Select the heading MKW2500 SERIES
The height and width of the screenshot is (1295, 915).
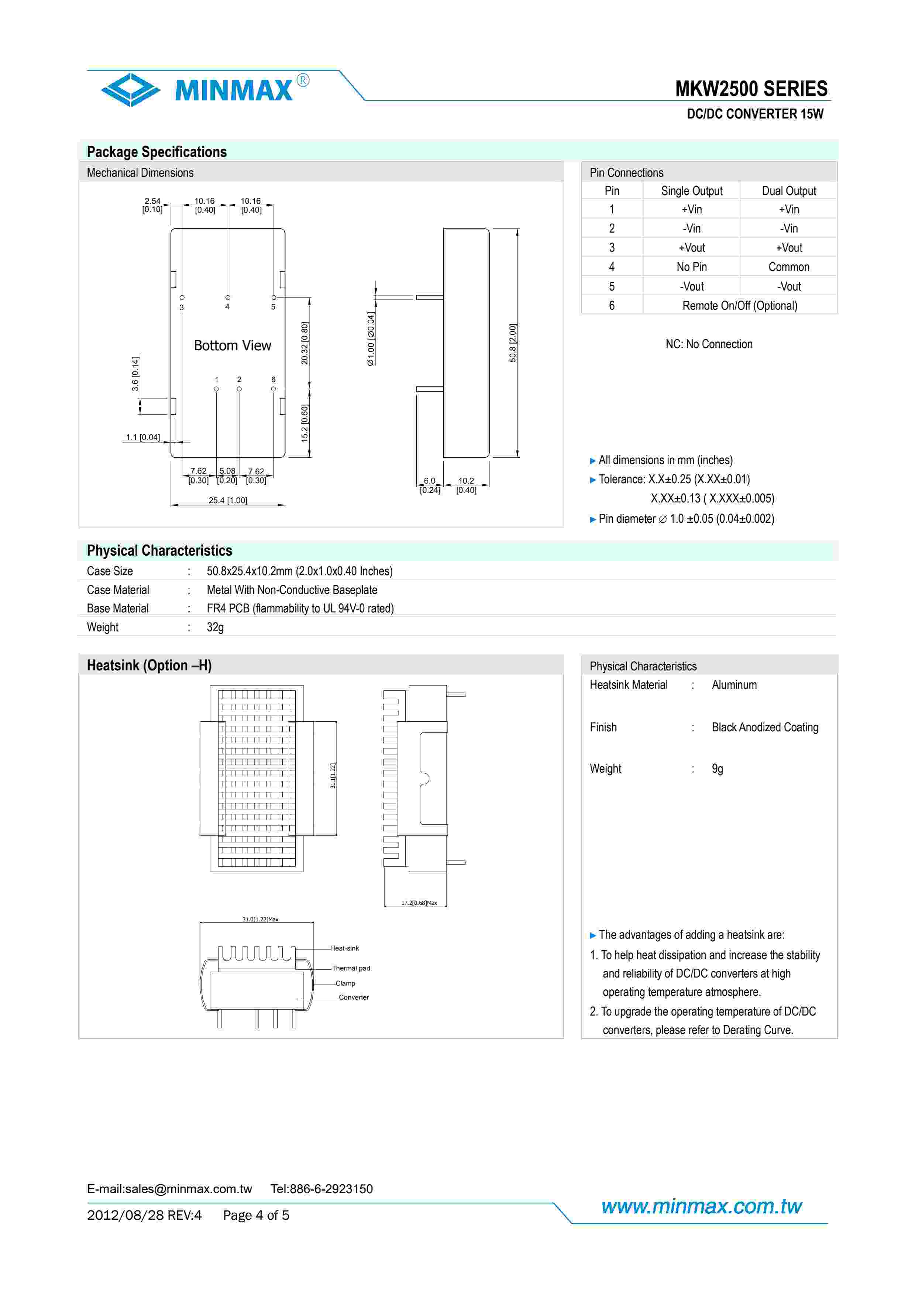point(751,89)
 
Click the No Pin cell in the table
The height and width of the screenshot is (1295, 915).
point(691,267)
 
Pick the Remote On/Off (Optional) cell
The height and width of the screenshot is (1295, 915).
point(740,306)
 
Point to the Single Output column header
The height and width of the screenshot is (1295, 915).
point(691,190)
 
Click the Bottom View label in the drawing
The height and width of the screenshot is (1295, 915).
point(232,345)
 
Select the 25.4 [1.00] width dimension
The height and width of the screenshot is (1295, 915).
point(228,500)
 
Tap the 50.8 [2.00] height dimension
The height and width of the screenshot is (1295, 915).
point(512,343)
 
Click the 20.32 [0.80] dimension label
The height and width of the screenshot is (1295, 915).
point(305,343)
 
